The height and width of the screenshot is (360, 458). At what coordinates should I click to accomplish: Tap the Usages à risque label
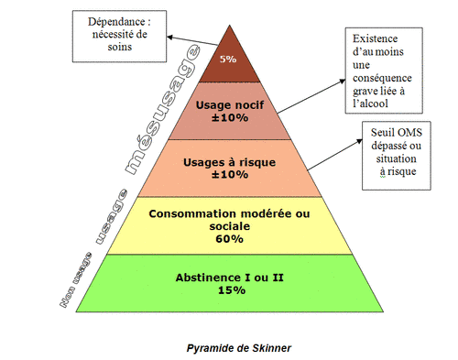click(225, 161)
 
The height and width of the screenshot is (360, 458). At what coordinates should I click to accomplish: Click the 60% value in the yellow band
click(229, 239)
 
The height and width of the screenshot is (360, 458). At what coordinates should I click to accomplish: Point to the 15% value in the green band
click(231, 290)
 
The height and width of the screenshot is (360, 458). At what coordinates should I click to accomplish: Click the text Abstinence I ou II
click(230, 278)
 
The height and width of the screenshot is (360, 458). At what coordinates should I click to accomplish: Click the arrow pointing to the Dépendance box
click(196, 41)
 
